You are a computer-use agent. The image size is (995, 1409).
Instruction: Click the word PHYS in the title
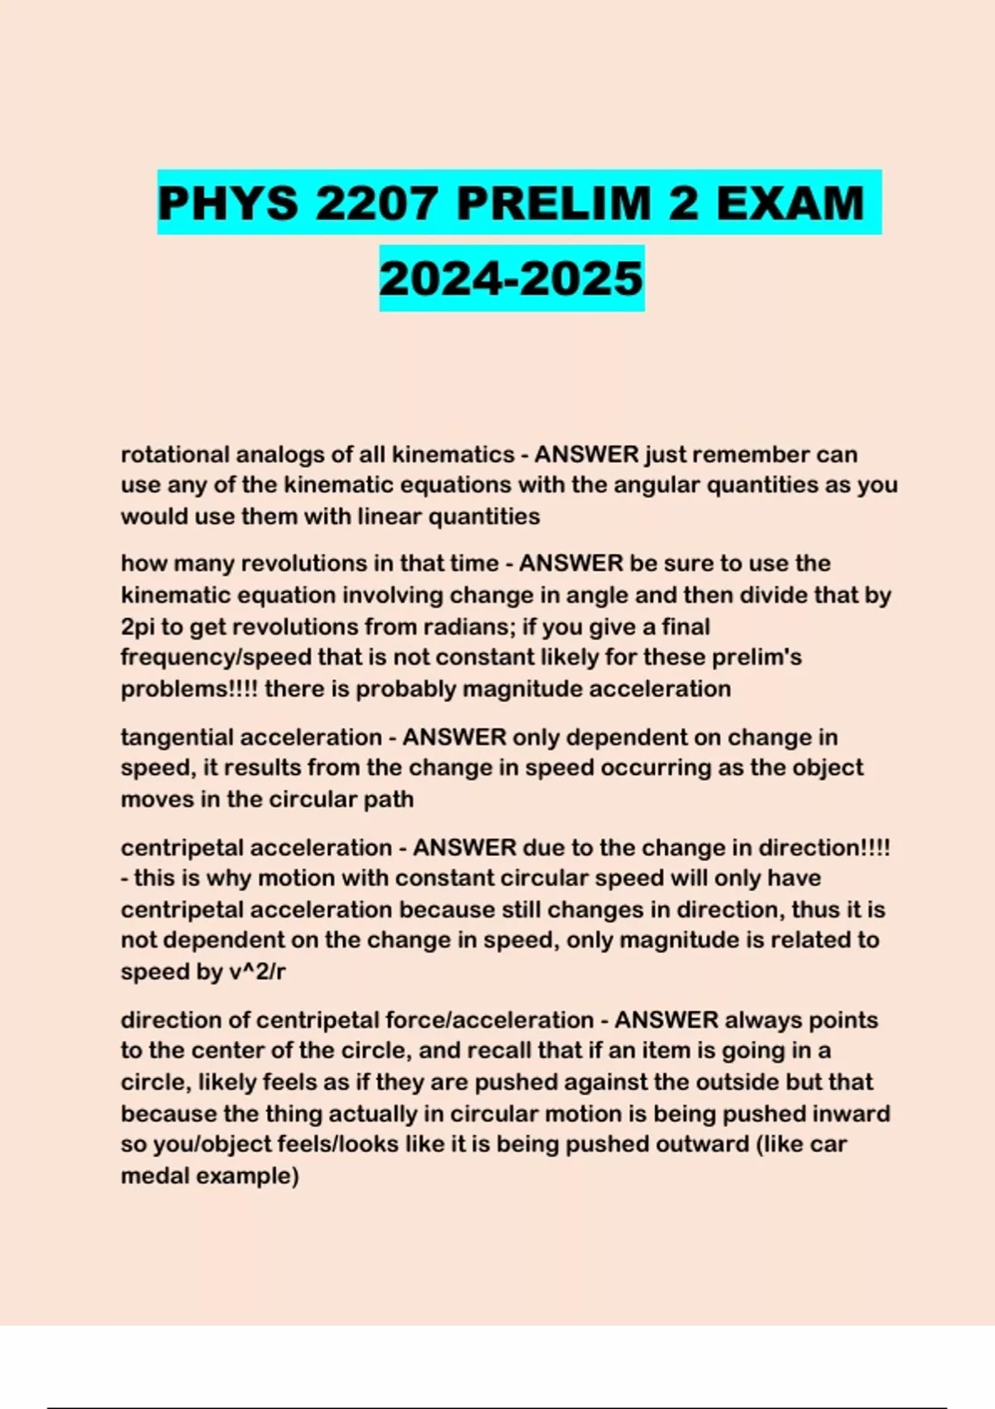coord(228,204)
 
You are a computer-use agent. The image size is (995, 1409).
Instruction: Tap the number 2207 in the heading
coord(377,204)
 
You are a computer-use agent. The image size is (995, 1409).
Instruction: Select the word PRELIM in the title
coord(554,204)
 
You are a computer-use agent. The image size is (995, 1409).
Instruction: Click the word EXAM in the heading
coord(789,204)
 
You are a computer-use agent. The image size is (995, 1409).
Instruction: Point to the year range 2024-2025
coord(512,278)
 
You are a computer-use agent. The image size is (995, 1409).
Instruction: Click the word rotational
coord(175,454)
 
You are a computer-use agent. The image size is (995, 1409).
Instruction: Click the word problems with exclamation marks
coord(189,690)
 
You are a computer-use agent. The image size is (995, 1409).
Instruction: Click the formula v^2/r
coord(256,971)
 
